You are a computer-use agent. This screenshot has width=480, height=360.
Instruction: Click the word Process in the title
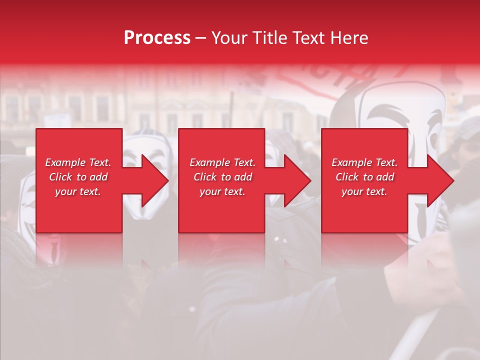pos(157,38)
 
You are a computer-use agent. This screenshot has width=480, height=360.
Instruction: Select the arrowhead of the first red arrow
pos(155,180)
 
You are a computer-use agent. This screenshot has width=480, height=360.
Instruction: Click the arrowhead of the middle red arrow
pos(297,180)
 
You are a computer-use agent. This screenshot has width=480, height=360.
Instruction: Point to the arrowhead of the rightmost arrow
pos(440,180)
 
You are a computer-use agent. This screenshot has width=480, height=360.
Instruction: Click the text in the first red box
pos(78,177)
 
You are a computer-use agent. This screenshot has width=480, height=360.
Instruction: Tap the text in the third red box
pos(364,177)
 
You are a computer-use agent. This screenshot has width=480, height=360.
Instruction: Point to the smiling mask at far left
pos(27,210)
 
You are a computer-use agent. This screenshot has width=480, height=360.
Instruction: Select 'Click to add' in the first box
pos(78,177)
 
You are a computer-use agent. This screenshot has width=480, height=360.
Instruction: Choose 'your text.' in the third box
pos(364,191)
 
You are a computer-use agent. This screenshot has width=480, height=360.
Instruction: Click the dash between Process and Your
pos(200,38)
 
